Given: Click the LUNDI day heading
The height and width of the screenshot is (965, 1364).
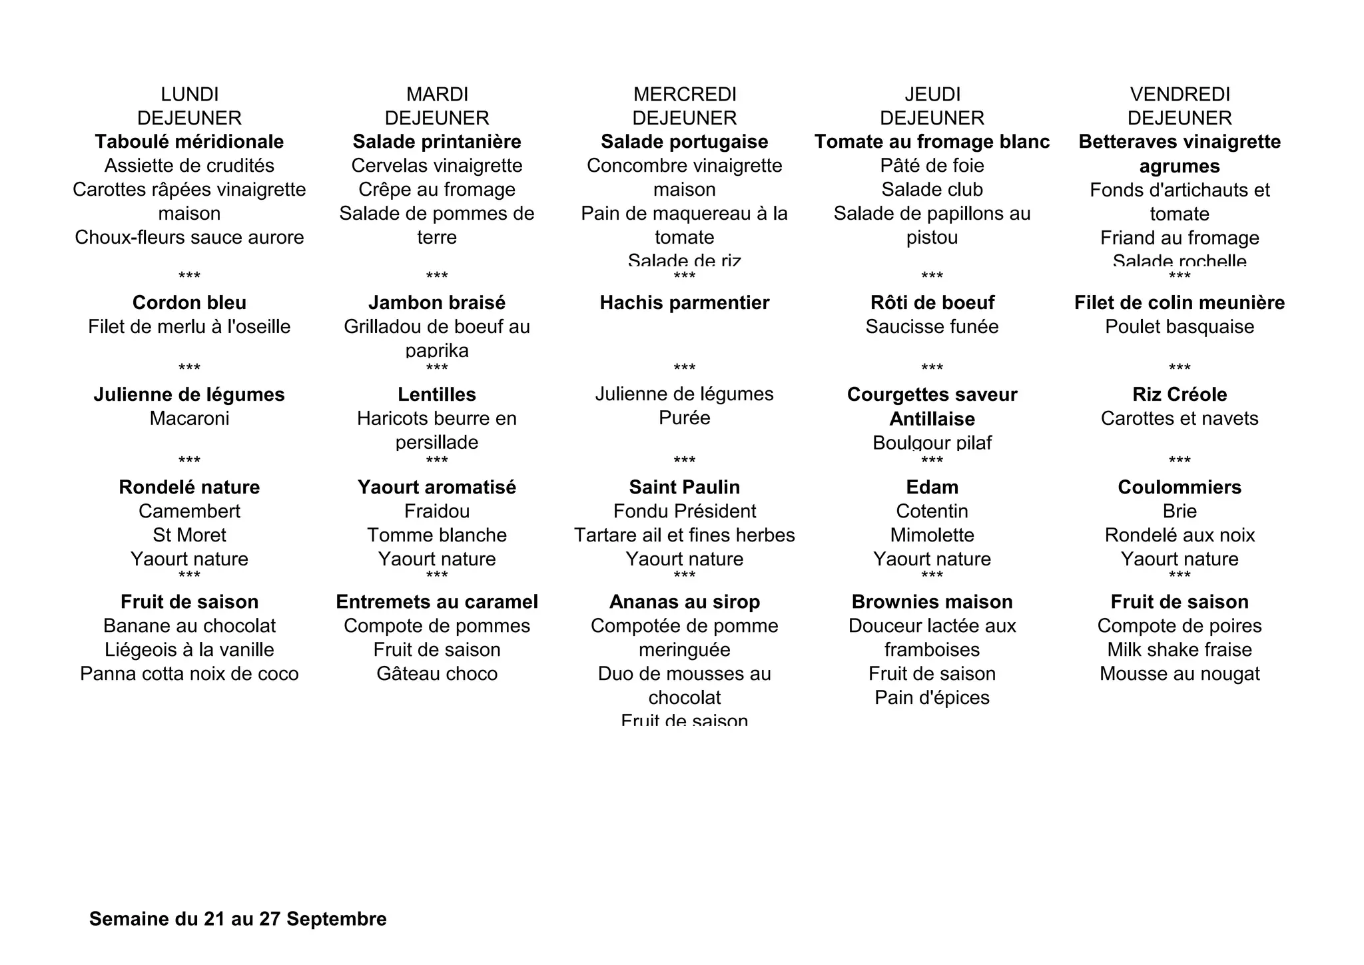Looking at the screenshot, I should tap(189, 95).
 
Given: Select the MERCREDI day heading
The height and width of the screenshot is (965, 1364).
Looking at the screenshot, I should tap(685, 95).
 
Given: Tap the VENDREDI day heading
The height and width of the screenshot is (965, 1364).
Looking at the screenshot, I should tap(1180, 95).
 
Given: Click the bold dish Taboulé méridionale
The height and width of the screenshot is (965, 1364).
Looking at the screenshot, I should tap(189, 142).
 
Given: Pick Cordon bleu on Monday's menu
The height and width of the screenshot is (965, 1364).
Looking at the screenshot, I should tap(189, 303).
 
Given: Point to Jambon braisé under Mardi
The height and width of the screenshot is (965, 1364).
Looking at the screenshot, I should tap(437, 303).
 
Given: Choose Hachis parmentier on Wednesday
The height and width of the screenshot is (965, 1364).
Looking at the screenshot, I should tap(685, 303).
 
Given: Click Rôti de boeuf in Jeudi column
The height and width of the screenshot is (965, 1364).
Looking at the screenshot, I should tap(932, 303).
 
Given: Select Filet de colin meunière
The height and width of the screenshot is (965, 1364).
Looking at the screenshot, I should tap(1180, 303).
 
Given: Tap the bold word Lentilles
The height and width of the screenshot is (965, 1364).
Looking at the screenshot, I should tap(437, 395).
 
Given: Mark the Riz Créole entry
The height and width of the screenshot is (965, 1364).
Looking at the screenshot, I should tap(1180, 395).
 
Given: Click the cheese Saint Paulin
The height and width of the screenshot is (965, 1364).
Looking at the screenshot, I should tap(685, 487).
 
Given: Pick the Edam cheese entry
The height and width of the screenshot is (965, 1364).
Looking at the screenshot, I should tap(932, 487).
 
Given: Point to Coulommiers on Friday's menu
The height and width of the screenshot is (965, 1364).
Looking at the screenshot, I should tap(1180, 487).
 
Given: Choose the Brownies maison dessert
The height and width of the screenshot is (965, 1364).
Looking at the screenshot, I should tap(932, 602).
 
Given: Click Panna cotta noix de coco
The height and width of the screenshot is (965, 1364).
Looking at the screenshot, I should tap(189, 674).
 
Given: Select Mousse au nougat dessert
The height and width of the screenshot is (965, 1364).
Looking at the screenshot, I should tap(1180, 674).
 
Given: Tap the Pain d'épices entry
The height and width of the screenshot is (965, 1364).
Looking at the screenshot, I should tap(932, 698).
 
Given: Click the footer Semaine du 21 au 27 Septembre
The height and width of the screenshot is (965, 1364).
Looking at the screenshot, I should tap(238, 919).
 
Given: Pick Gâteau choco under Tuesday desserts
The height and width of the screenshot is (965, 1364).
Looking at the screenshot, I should tap(437, 674).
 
